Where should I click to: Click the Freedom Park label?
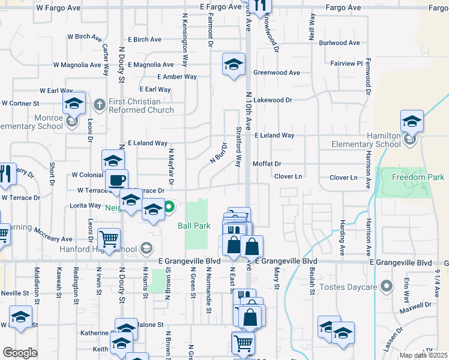coord(418,177)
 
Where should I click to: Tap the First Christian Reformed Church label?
coord(140,106)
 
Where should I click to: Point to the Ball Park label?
coord(193,226)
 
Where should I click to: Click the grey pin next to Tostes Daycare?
coord(387,286)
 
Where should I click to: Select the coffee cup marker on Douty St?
coord(116,179)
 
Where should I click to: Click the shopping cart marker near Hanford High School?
coord(109,239)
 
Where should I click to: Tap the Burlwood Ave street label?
coord(339,43)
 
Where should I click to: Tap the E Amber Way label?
coord(177,77)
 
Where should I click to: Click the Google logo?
coord(20,353)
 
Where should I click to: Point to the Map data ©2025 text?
coord(423,355)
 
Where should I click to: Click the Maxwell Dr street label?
coord(415,311)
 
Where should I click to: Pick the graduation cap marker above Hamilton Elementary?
coord(412,121)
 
